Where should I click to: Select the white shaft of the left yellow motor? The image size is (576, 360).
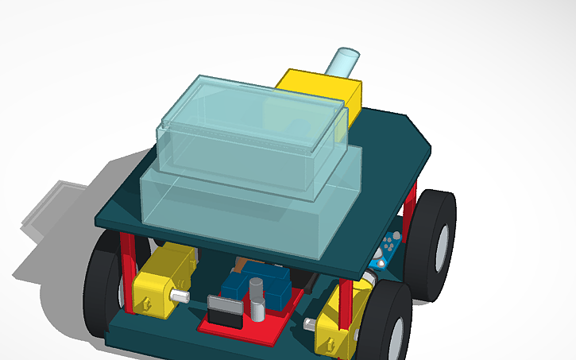point(182,296)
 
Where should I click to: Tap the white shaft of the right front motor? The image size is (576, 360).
point(310,324)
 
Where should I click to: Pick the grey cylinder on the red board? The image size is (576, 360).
point(257,298)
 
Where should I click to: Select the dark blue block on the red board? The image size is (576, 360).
point(262,282)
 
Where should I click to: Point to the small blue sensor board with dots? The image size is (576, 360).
point(389,247)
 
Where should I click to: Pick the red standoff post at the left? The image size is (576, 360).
point(126,270)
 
